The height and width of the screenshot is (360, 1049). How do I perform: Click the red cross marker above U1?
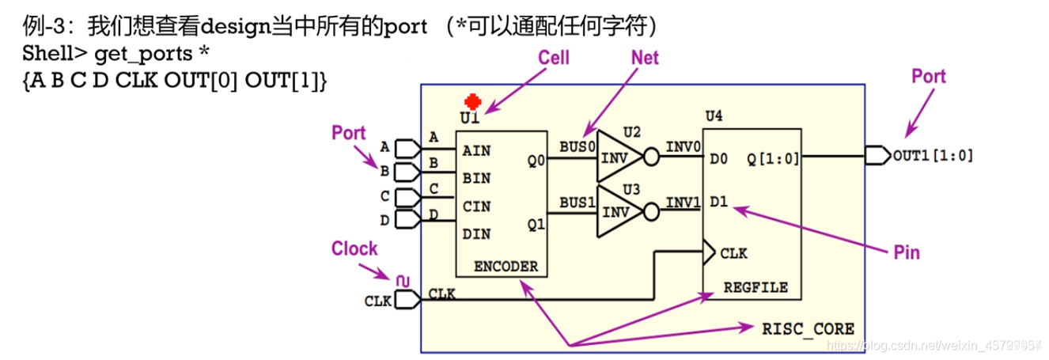point(473,102)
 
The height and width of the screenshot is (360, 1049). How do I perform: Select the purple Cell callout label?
point(553,58)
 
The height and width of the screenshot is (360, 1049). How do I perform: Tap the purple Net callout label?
point(645,58)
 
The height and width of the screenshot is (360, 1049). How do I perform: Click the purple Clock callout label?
point(354,248)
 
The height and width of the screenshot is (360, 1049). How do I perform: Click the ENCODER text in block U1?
point(506,266)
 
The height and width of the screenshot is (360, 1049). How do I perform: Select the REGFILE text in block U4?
point(756,287)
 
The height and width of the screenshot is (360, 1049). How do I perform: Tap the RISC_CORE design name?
point(808,328)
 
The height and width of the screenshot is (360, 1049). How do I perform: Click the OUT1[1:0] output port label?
point(933,156)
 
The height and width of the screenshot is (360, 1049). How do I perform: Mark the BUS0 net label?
point(577,147)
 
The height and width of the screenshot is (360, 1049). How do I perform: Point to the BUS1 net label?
point(577,202)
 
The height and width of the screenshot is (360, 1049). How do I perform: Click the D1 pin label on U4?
point(718,201)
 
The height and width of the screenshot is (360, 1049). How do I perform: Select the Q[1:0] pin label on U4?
point(773,158)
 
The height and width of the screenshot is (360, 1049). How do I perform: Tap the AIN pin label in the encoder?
point(477,150)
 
